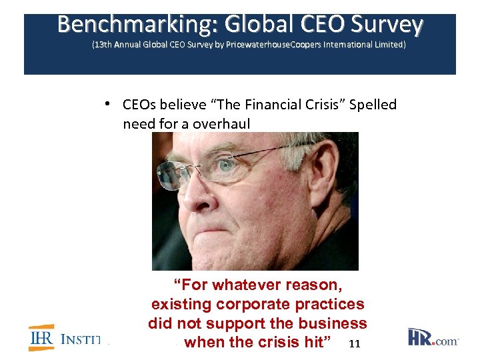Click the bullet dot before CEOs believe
pos(107,104)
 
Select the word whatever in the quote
pos(244,285)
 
